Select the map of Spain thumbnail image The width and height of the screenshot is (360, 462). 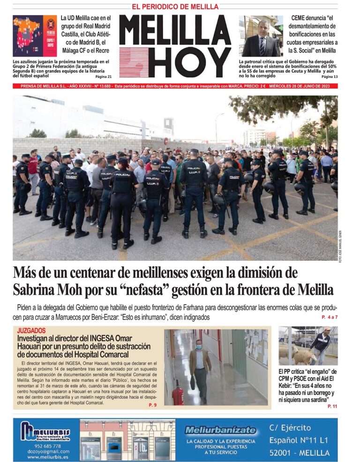34,37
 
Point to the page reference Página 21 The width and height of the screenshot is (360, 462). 103,76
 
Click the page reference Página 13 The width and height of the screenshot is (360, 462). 329,76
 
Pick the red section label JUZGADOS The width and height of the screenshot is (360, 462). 31,331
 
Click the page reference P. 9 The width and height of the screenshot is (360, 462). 152,404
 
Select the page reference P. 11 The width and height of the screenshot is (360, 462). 331,406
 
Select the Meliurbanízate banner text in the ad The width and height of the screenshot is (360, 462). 220,430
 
